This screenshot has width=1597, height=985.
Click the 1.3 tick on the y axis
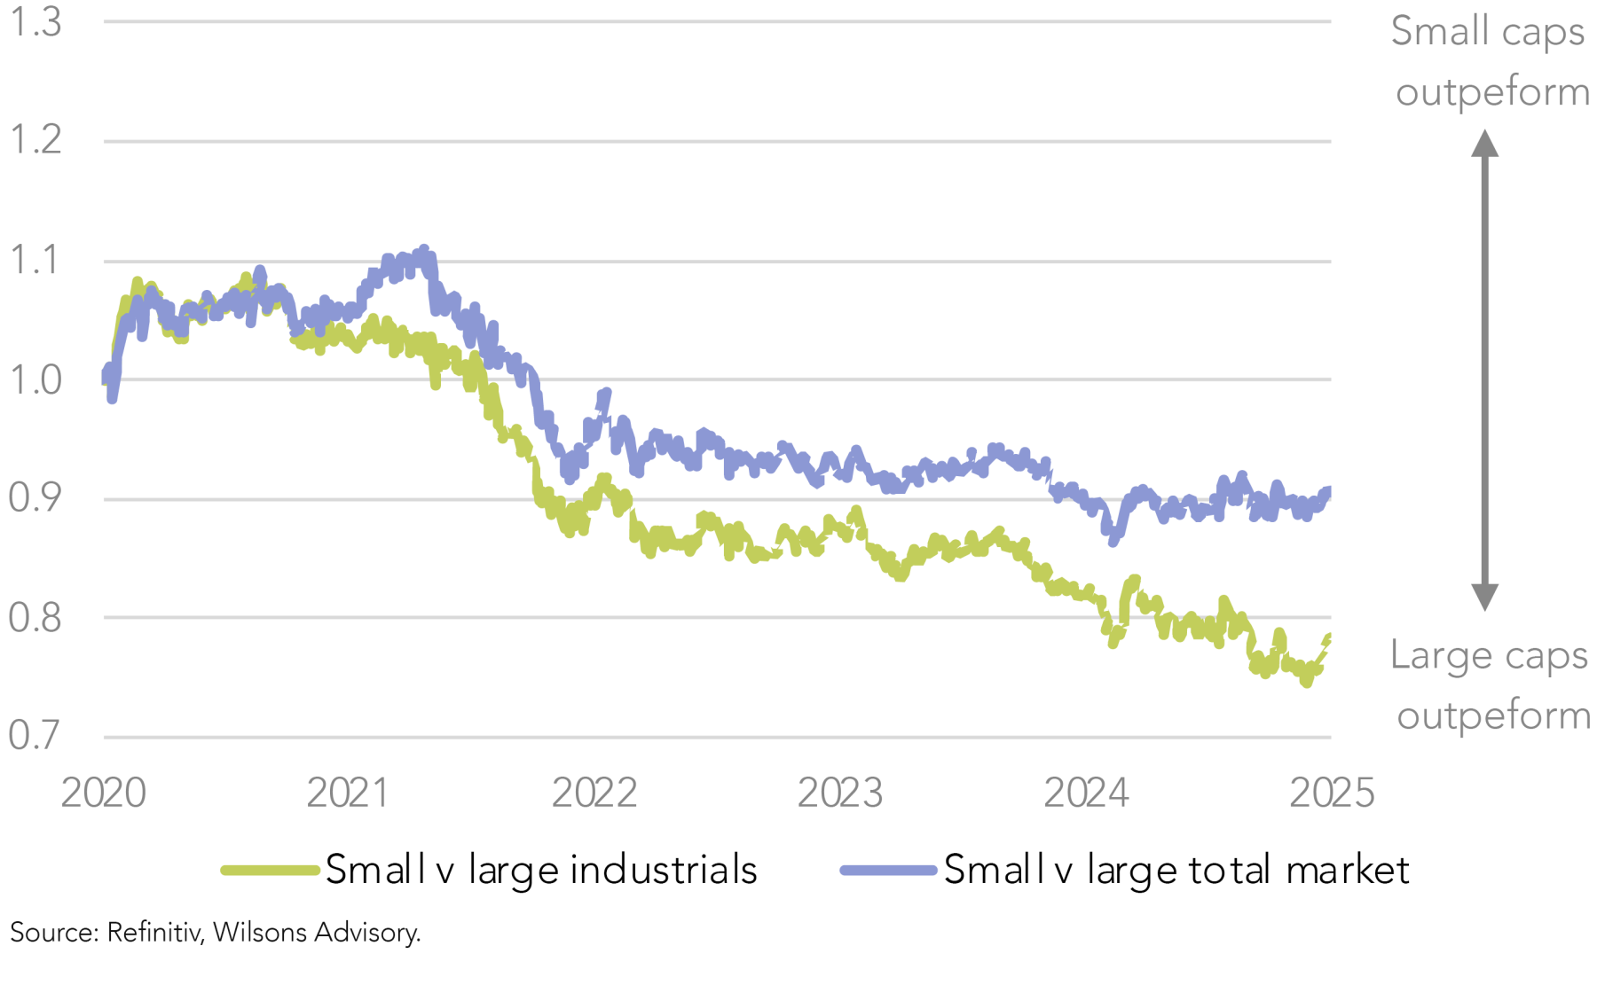pyautogui.click(x=35, y=22)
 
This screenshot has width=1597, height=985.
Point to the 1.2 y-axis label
pyautogui.click(x=35, y=140)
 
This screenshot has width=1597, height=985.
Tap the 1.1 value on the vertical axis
pyautogui.click(x=35, y=261)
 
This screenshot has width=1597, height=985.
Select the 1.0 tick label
pyautogui.click(x=35, y=380)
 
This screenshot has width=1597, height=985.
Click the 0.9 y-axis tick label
pyautogui.click(x=35, y=498)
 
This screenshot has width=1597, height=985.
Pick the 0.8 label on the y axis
pyautogui.click(x=35, y=618)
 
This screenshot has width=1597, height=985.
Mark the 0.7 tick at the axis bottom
pyautogui.click(x=35, y=736)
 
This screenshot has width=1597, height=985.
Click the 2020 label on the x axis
pyautogui.click(x=103, y=793)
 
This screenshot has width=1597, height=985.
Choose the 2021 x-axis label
pyautogui.click(x=348, y=793)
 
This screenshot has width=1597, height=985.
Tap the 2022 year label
pyautogui.click(x=594, y=793)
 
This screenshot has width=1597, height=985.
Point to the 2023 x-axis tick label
pyautogui.click(x=840, y=793)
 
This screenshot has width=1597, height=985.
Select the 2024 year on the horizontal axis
pyautogui.click(x=1086, y=793)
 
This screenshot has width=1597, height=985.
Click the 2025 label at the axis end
pyautogui.click(x=1332, y=793)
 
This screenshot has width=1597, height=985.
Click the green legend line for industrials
pyautogui.click(x=270, y=871)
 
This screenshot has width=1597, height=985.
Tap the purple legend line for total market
pyautogui.click(x=888, y=871)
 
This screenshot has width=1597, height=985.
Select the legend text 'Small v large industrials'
pyautogui.click(x=541, y=870)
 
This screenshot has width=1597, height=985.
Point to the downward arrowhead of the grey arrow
pyautogui.click(x=1484, y=598)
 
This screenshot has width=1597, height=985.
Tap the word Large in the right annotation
pyautogui.click(x=1441, y=657)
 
